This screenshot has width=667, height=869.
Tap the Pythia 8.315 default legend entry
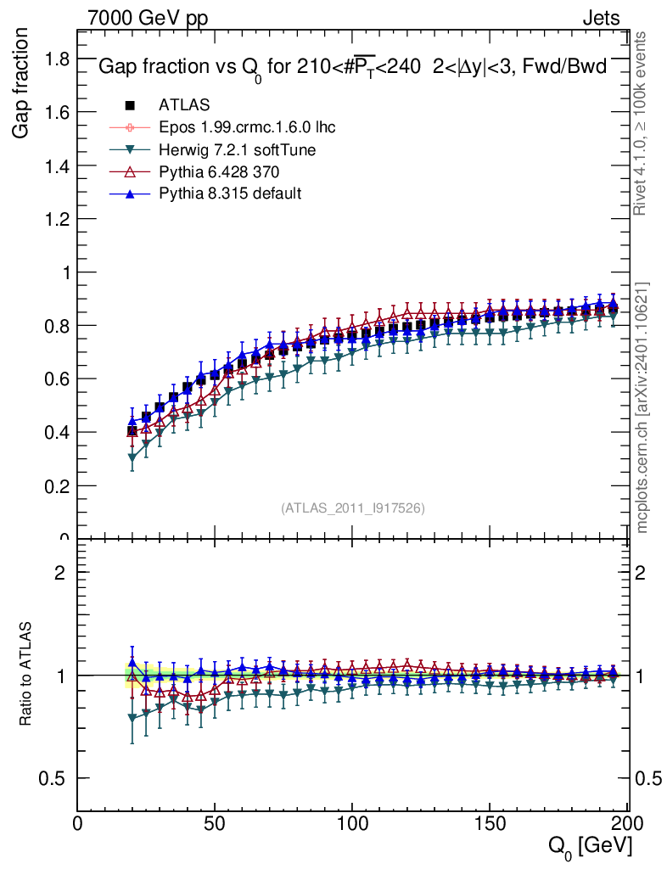pos(230,193)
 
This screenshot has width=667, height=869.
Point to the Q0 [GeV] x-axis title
pos(588,845)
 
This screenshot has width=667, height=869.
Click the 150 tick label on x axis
pos(489,823)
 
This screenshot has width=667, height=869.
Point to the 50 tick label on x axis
pos(215,823)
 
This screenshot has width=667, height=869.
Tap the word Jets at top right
pos(601,19)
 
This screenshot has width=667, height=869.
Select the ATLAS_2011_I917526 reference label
pos(353,507)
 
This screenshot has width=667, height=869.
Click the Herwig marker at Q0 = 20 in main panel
pos(132,458)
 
